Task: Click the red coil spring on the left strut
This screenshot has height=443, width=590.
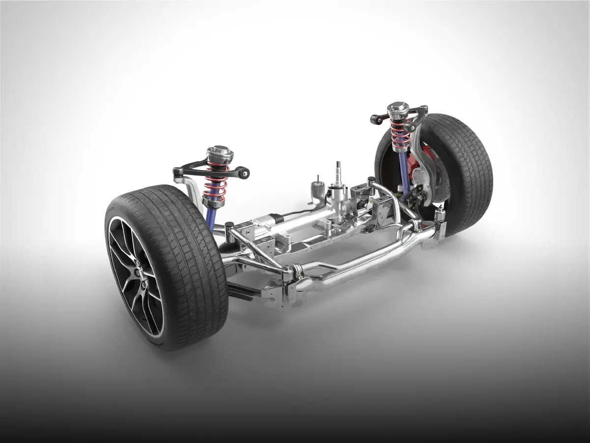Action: pos(216,183)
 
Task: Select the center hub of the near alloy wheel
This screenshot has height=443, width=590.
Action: pos(143,275)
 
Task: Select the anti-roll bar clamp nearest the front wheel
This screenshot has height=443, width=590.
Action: pos(295,271)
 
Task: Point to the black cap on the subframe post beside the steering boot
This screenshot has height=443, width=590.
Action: pos(229,225)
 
